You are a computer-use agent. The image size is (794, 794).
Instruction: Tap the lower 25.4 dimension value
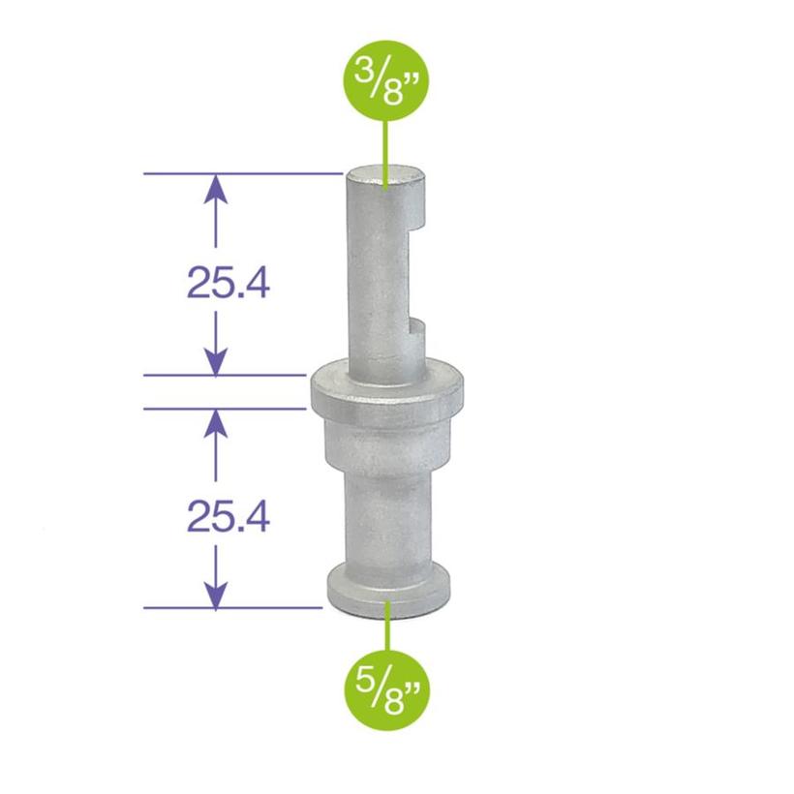pos(227,517)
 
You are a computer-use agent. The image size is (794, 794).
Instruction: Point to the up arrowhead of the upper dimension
pos(215,188)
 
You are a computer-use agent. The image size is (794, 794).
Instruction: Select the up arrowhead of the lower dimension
pos(215,422)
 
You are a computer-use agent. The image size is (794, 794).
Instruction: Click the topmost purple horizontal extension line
pos(242,174)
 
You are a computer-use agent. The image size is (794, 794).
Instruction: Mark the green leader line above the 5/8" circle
pos(387,630)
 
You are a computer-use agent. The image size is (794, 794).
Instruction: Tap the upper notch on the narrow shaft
pos(419,225)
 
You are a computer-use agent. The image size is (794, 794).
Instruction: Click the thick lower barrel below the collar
pos(387,504)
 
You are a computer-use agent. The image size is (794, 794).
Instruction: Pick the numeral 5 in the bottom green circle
pos(370,677)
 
